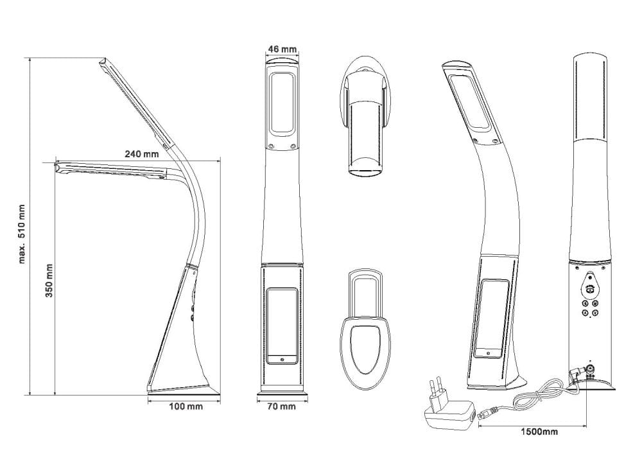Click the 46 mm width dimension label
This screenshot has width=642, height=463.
[282, 49]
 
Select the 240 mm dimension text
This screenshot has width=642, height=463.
[142, 154]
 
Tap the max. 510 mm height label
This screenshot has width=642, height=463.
[22, 234]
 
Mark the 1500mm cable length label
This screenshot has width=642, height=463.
[539, 432]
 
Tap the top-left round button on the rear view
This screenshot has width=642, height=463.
[585, 303]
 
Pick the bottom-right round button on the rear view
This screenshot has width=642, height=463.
[596, 313]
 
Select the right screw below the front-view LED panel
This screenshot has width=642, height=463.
[293, 146]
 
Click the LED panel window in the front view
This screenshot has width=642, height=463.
[282, 103]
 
